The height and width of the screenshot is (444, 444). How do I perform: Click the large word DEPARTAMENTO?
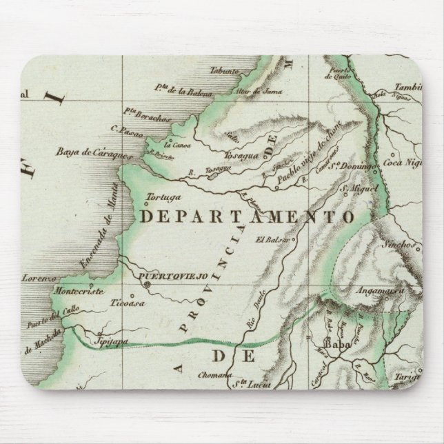click(247, 216)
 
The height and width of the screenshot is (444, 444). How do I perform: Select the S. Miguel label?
click(357, 188)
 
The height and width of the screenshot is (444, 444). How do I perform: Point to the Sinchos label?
click(395, 245)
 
